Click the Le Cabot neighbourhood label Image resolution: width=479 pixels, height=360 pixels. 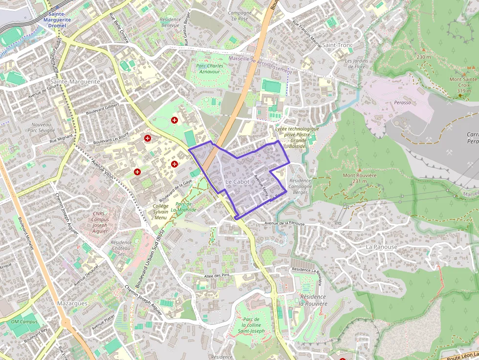point(237,182)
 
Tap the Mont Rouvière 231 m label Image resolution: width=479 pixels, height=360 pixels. point(359,178)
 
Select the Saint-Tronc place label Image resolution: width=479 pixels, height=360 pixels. point(337,45)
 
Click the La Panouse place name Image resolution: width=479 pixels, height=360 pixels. point(382,247)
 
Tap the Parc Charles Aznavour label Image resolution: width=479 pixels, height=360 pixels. point(209,68)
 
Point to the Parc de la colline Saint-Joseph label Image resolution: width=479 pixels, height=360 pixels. point(251,325)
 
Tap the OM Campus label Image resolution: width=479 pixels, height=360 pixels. point(24,322)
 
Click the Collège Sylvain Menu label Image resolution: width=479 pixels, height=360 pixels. point(160,212)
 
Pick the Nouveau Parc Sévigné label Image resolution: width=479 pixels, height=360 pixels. point(41,127)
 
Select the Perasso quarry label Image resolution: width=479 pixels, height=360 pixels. point(402,103)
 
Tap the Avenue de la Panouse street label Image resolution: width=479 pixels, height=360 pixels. point(284,224)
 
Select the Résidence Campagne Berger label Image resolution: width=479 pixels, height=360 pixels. point(300,187)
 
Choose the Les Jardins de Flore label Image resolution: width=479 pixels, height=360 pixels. point(355,64)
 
